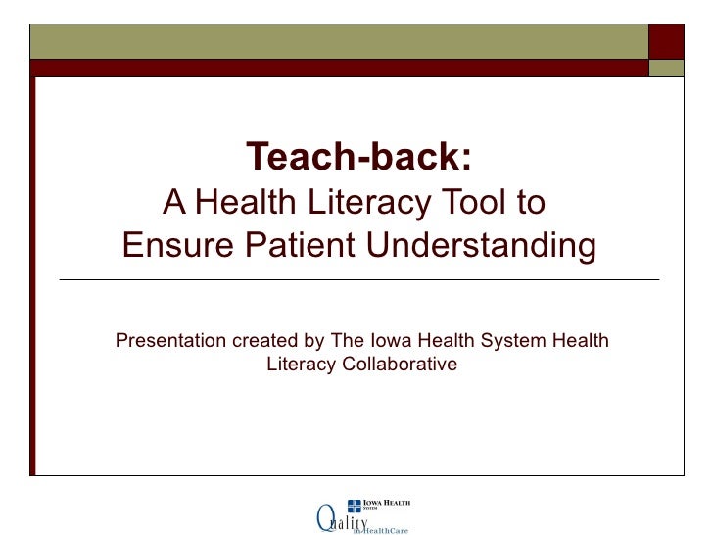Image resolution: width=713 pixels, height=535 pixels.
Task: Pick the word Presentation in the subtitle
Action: pyautogui.click(x=170, y=341)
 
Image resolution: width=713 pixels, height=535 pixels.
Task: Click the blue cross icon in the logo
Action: pyautogui.click(x=355, y=507)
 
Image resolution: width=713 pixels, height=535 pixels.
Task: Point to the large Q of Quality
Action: pyautogui.click(x=325, y=516)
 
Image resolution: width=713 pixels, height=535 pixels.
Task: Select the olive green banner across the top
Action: pyautogui.click(x=338, y=41)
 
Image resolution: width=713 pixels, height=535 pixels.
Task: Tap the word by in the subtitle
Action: pyautogui.click(x=313, y=341)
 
